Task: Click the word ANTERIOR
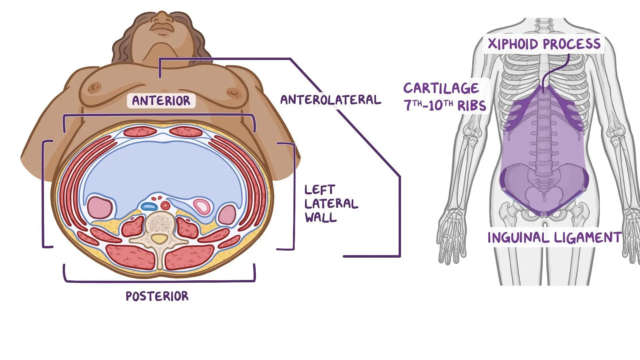[161, 100]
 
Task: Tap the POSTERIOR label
[157, 296]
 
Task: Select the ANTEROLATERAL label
[331, 100]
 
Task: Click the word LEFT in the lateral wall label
[320, 190]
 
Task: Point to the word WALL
[321, 218]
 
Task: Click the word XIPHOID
[513, 44]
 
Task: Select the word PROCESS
[572, 44]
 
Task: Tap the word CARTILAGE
[441, 88]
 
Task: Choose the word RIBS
[471, 106]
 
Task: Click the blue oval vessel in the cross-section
[149, 206]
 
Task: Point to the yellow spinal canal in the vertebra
[160, 239]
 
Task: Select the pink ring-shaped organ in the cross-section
[202, 206]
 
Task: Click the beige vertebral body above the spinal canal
[161, 223]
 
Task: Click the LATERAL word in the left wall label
[331, 204]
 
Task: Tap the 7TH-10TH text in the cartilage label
[428, 106]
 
